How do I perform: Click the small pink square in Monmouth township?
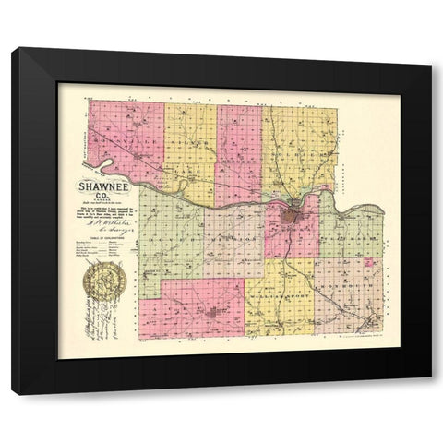click(x=370, y=264)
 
